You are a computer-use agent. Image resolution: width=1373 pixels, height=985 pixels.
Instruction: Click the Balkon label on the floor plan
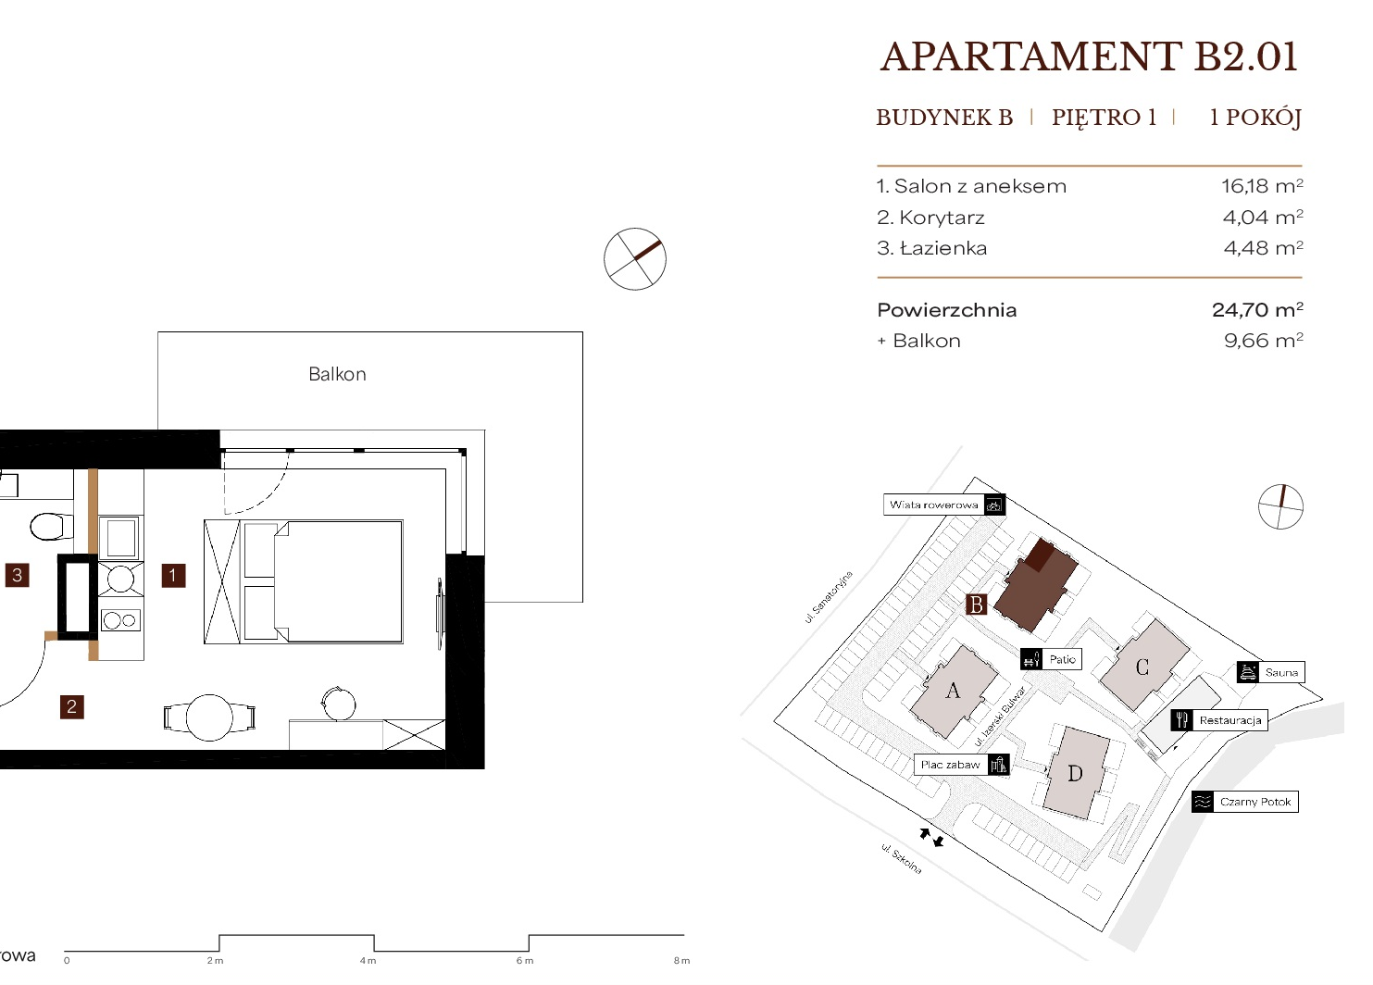tap(337, 374)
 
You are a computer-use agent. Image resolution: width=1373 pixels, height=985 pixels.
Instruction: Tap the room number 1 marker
tap(173, 576)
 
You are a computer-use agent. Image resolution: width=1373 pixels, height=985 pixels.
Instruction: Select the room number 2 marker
tap(71, 706)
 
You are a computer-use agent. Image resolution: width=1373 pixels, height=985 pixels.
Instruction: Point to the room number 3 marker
tap(18, 575)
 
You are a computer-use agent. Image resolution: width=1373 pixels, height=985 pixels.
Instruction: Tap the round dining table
tap(209, 717)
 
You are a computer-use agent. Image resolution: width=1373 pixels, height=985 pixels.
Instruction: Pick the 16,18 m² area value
tap(1262, 186)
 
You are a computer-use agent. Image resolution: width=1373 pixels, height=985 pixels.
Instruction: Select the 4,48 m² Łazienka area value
tap(1263, 247)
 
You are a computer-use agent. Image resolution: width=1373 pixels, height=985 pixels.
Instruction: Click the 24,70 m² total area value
tap(1258, 309)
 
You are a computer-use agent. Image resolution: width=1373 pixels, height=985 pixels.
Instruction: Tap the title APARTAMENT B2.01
tap(1089, 57)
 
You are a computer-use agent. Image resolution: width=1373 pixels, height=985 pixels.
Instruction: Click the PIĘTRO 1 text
tap(1104, 117)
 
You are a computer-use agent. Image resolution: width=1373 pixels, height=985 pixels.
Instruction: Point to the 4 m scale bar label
tap(368, 961)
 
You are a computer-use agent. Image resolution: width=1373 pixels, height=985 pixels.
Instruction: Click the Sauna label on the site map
tap(1281, 672)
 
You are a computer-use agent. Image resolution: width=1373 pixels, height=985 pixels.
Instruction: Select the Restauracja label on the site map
tap(1229, 720)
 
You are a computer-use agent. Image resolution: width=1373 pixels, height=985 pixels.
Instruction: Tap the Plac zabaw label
tap(950, 765)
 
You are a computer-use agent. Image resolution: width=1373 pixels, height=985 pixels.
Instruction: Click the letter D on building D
tap(1075, 774)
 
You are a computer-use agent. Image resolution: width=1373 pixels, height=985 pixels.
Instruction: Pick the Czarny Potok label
tap(1254, 802)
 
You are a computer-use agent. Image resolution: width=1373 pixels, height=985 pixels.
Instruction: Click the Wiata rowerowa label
tap(933, 505)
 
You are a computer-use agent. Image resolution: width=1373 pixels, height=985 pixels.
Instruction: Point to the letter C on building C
tap(1142, 667)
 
